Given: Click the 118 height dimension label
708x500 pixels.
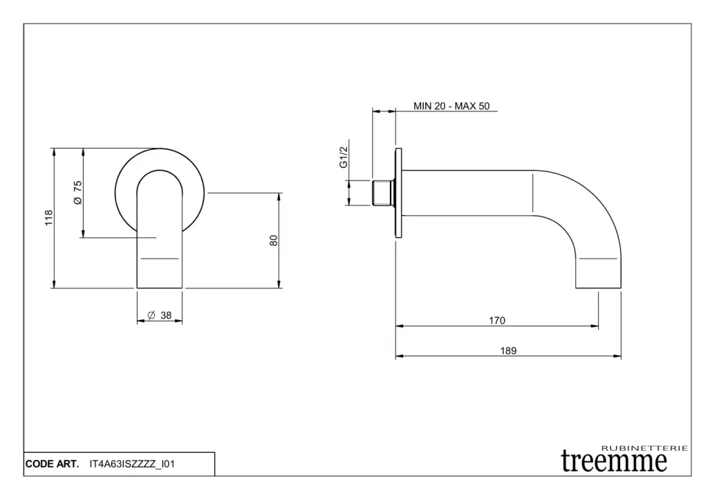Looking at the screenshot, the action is [49, 218].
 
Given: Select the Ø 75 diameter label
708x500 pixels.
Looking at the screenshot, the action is [77, 192].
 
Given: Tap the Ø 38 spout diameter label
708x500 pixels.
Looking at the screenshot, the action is [160, 315].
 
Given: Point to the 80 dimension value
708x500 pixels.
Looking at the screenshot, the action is [274, 240].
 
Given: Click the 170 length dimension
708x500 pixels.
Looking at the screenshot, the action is [496, 320].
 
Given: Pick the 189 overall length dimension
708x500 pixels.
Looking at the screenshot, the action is [508, 351].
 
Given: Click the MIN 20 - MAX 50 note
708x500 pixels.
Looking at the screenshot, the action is [451, 106].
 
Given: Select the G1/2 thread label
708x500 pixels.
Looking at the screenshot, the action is [344, 157].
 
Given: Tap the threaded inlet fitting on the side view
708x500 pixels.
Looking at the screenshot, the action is [383, 194].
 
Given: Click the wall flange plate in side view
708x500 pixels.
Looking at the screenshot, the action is [398, 193].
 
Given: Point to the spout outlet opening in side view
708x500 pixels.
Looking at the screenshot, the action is [598, 288].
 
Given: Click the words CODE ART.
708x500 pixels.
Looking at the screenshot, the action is [53, 464].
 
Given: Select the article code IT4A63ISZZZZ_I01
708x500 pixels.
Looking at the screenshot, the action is [132, 464].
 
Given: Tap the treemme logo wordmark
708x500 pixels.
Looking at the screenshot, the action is [614, 461].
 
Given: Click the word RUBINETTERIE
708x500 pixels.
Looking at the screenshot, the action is [645, 448].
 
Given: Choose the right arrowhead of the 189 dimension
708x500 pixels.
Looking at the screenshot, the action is [617, 356].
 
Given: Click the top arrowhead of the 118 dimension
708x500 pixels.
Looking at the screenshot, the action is [54, 151].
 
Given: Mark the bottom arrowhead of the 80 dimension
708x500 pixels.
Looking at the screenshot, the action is [279, 284].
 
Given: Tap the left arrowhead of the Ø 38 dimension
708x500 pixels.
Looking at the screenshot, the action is [141, 321].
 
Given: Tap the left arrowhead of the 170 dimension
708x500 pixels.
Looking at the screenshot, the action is [399, 326].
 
